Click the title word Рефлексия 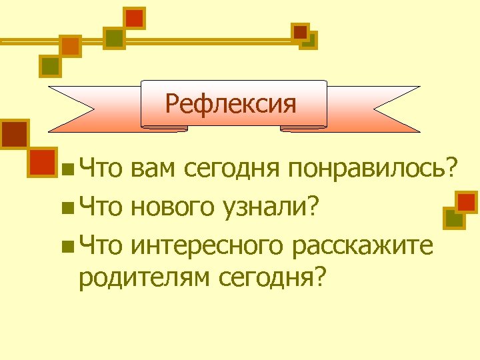[230, 103]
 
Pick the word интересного [206, 246]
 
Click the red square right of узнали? [467, 202]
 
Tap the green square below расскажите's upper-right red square [453, 218]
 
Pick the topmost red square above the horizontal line [135, 18]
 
